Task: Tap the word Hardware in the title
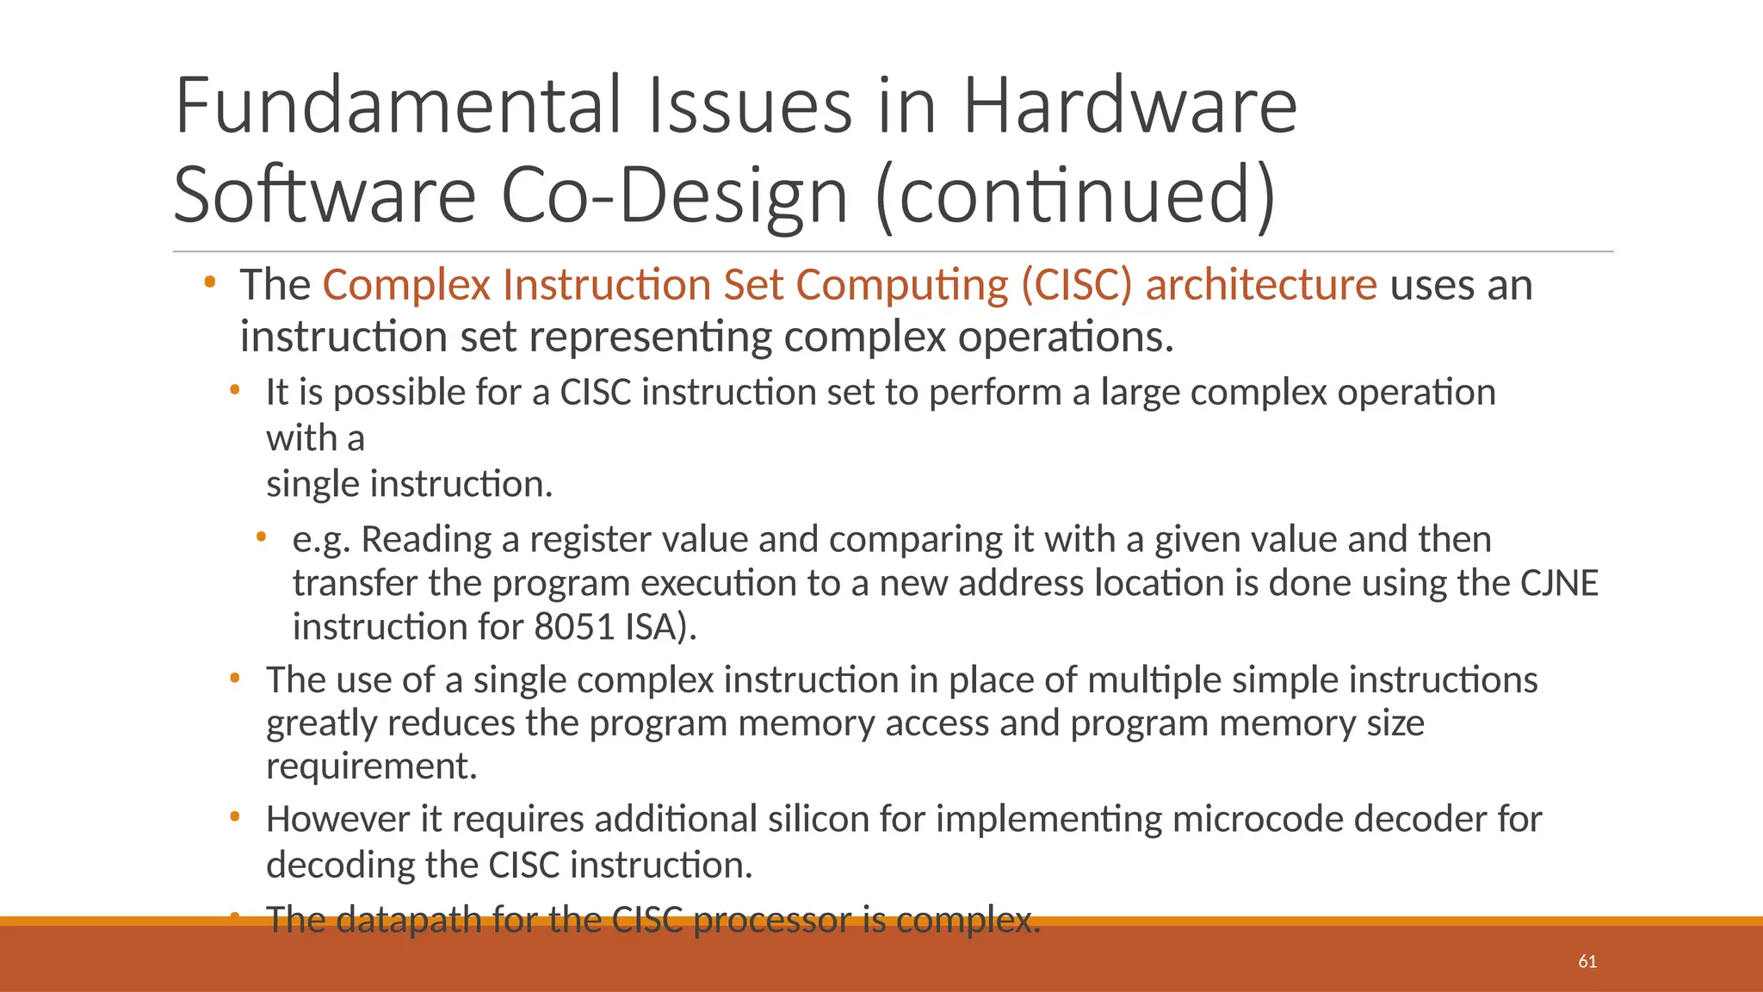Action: (1129, 106)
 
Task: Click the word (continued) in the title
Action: (1075, 195)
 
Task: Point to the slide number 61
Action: (1587, 961)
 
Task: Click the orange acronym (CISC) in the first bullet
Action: (1077, 285)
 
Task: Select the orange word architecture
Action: (1261, 285)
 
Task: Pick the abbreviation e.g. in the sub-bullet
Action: (321, 540)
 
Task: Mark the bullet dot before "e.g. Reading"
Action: (261, 537)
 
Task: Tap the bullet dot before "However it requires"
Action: (234, 816)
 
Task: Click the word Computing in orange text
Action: (901, 285)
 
